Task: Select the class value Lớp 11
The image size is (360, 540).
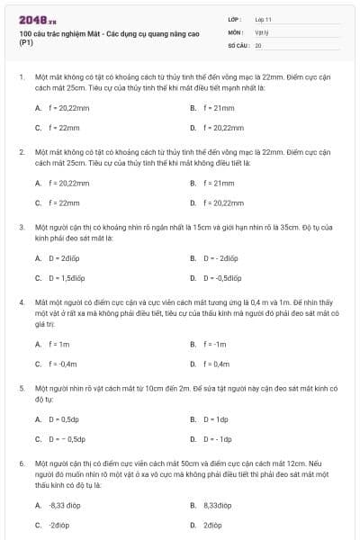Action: point(264,18)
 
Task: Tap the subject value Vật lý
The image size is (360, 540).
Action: point(262,31)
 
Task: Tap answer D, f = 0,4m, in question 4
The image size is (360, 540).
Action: point(216,364)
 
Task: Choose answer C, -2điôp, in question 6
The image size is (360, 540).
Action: point(59,525)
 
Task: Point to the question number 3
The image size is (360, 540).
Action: point(21,229)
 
